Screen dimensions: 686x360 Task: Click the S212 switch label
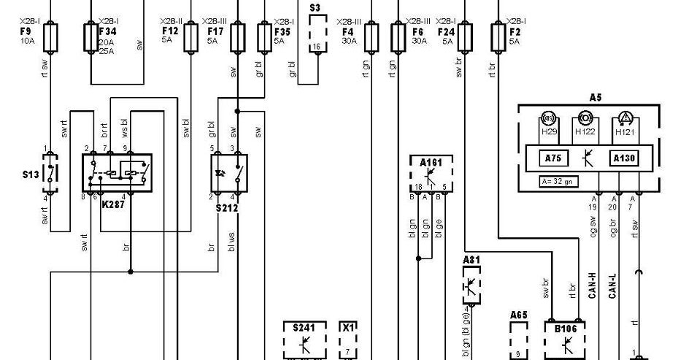[227, 207]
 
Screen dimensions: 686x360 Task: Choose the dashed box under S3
[316, 33]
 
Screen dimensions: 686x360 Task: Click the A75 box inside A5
[550, 157]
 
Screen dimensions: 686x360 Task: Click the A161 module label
[431, 162]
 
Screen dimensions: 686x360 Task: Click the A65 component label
[518, 315]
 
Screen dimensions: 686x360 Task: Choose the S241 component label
[303, 328]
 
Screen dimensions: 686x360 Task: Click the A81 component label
[471, 259]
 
